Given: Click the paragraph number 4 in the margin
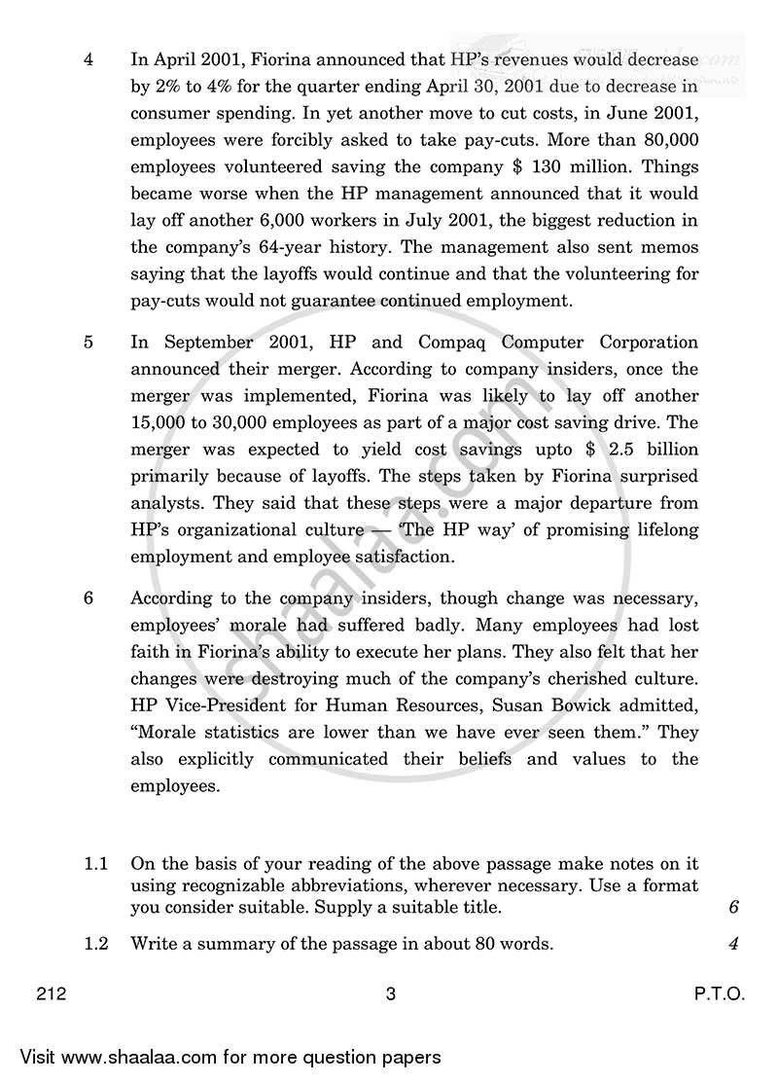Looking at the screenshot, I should pos(88,58).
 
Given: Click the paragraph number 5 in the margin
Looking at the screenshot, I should pos(88,343).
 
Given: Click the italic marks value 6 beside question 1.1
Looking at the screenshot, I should pos(733,908).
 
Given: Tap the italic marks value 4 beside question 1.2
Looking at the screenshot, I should pos(733,943).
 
